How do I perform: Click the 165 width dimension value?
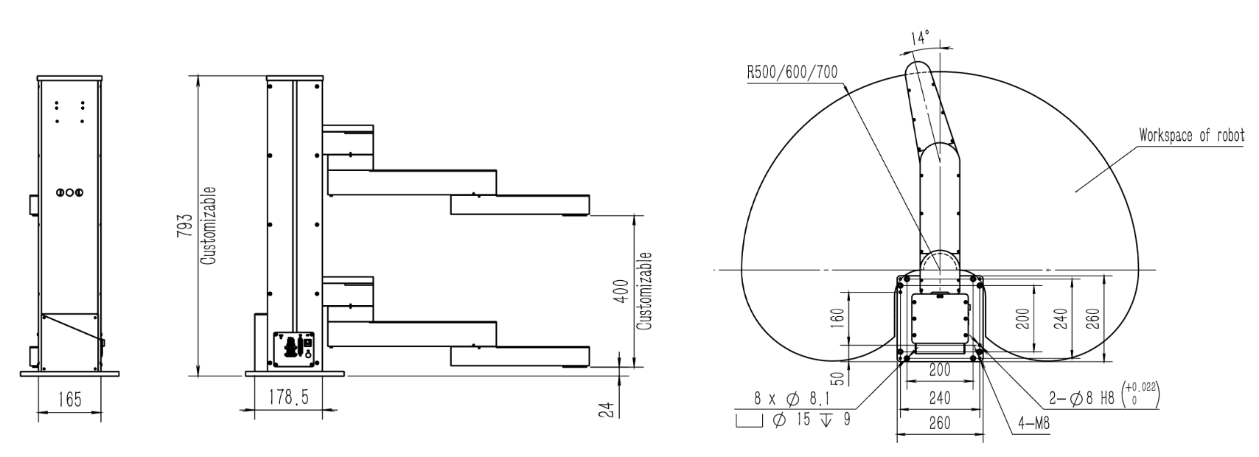[x=69, y=400]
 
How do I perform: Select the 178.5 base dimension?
[x=288, y=399]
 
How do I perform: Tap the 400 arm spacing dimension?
[x=621, y=291]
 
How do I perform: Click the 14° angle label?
[x=921, y=38]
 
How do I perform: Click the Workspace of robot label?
[x=1191, y=136]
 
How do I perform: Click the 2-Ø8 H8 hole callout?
[x=1103, y=399]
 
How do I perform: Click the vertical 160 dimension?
[x=837, y=318]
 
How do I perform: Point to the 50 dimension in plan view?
[x=837, y=378]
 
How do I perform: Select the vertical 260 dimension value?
[x=1093, y=318]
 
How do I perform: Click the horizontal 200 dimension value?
[x=939, y=370]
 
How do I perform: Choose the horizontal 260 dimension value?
[x=939, y=424]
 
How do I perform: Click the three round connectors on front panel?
[x=69, y=192]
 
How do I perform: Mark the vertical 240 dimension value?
[x=1060, y=318]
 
